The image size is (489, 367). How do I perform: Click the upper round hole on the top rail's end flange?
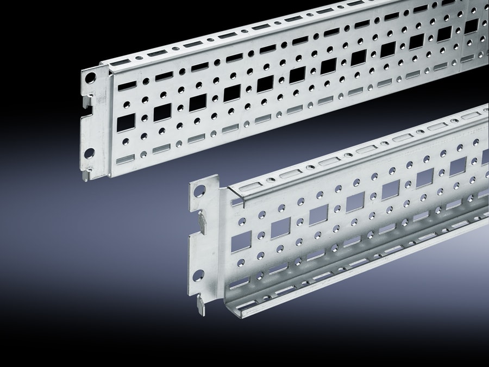pyautogui.click(x=90, y=77)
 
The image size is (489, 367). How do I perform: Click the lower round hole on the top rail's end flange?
pyautogui.click(x=89, y=153)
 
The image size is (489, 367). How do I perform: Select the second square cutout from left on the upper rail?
pyautogui.click(x=162, y=113)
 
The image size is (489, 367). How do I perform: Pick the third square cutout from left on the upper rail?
pyautogui.click(x=198, y=103)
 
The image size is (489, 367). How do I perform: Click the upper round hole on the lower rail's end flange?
pyautogui.click(x=199, y=191)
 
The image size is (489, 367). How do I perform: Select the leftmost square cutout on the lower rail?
pyautogui.click(x=241, y=241)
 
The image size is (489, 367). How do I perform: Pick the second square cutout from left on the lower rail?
pyautogui.click(x=281, y=228)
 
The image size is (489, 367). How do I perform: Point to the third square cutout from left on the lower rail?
pyautogui.click(x=318, y=216)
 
